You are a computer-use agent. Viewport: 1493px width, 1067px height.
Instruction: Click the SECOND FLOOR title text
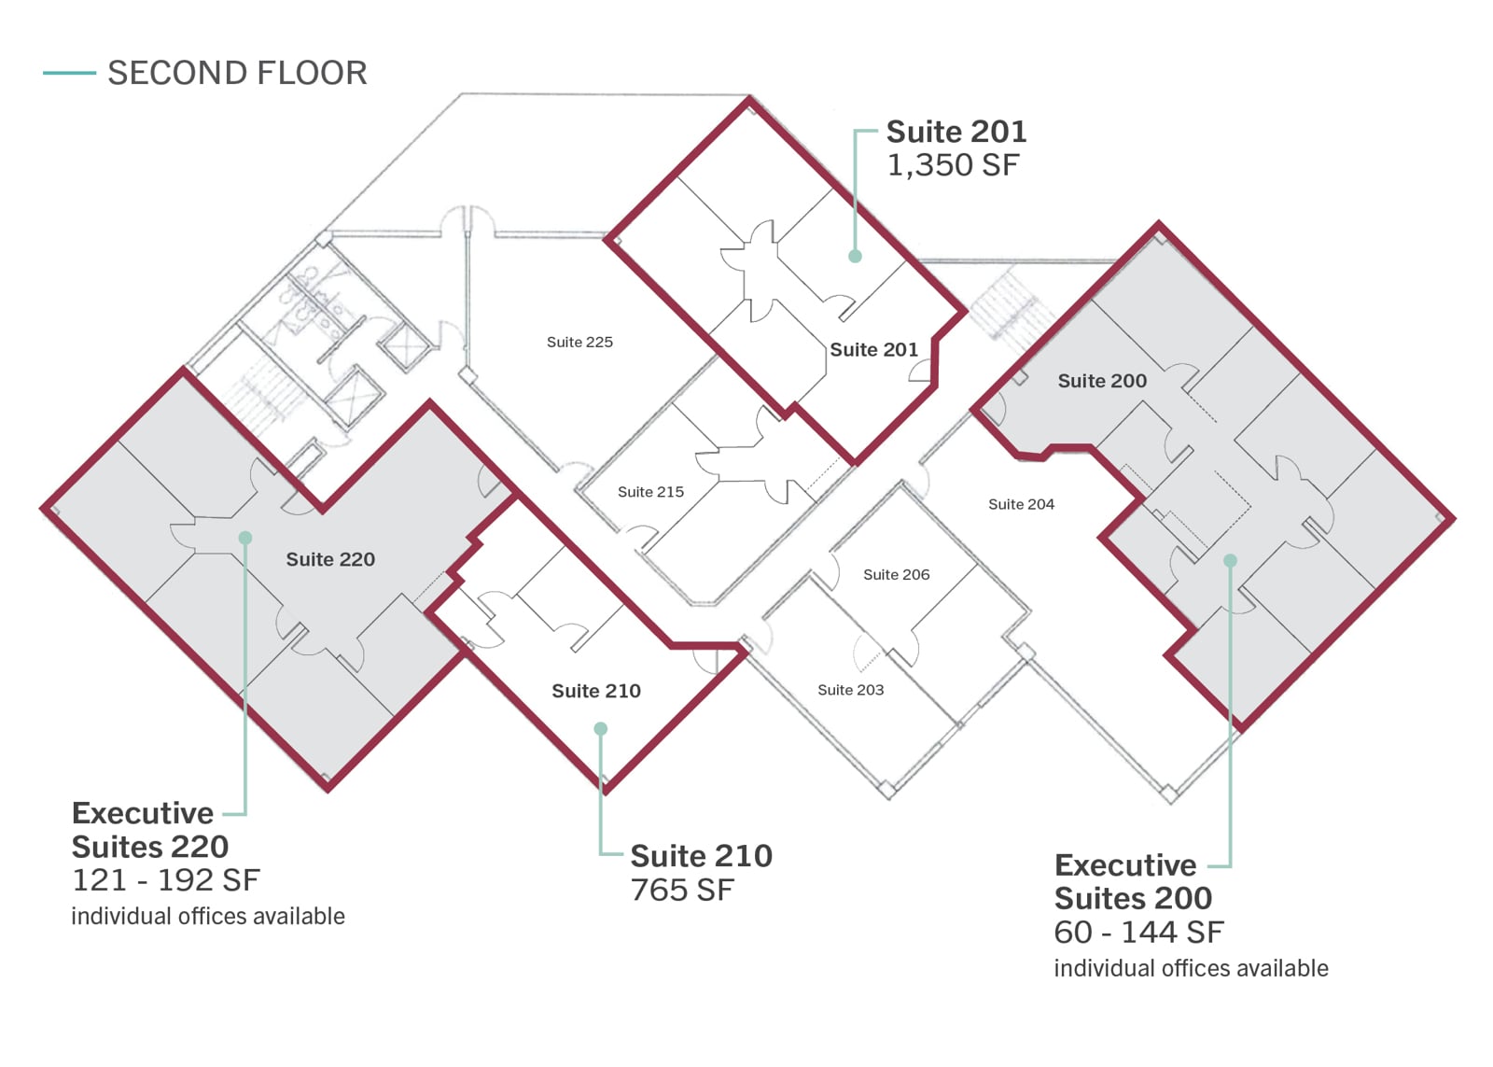click(237, 73)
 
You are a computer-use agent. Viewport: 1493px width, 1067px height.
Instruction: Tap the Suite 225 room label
click(579, 342)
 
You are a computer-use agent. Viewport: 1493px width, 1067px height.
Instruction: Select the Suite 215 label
click(650, 492)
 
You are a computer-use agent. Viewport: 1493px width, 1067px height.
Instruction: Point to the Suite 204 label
click(1021, 504)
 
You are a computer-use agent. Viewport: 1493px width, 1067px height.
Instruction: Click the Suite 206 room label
click(896, 575)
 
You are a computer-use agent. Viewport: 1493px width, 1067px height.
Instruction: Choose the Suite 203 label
click(850, 690)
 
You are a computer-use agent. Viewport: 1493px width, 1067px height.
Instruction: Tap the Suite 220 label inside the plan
click(330, 559)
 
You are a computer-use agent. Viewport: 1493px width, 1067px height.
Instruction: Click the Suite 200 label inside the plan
click(1102, 381)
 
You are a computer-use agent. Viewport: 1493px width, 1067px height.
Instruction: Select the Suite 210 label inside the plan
click(596, 691)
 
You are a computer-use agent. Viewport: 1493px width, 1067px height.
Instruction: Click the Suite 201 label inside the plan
click(873, 349)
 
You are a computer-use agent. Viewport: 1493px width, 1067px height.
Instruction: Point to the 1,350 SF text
click(953, 165)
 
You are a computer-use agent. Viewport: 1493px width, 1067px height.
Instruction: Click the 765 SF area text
click(682, 891)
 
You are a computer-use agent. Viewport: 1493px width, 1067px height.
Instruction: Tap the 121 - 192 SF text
click(166, 880)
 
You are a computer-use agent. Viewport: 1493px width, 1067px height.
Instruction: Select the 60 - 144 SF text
click(1138, 933)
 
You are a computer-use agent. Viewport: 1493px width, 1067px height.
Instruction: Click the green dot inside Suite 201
click(855, 256)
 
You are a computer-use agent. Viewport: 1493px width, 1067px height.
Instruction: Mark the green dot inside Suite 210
click(601, 729)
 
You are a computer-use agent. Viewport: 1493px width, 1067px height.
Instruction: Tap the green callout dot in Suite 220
click(245, 538)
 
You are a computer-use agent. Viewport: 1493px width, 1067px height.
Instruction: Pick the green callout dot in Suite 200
click(1231, 561)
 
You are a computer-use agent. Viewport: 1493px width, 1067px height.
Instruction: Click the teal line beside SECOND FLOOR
click(69, 73)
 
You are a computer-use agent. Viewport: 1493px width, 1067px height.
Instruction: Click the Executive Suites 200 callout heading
click(1133, 881)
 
